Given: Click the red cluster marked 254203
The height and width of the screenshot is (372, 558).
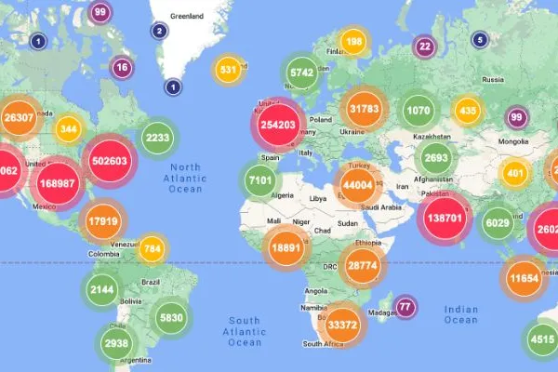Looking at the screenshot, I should pyautogui.click(x=279, y=125).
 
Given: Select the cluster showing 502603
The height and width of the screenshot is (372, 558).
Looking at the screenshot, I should pyautogui.click(x=110, y=159).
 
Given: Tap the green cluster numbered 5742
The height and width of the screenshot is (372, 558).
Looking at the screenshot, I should pyautogui.click(x=301, y=73).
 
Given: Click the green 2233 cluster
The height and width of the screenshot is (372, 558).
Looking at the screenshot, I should pyautogui.click(x=156, y=138).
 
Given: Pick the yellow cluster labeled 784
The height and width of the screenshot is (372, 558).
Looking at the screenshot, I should pyautogui.click(x=153, y=248).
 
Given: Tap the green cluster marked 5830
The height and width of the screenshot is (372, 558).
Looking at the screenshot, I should pyautogui.click(x=169, y=317).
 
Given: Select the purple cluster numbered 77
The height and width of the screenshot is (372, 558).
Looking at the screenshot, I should pyautogui.click(x=404, y=306).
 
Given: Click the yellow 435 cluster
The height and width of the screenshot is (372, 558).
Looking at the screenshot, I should pyautogui.click(x=468, y=111).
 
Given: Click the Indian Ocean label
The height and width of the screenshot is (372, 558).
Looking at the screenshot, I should pyautogui.click(x=462, y=315).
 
